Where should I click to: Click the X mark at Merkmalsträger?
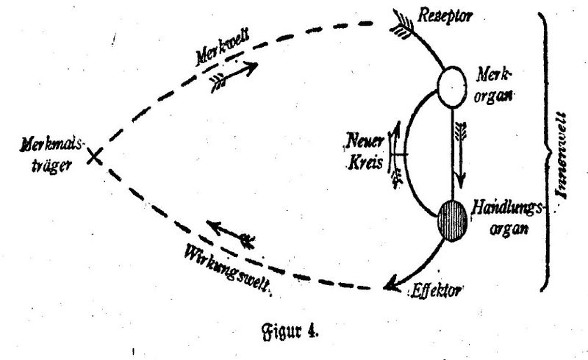93,156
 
